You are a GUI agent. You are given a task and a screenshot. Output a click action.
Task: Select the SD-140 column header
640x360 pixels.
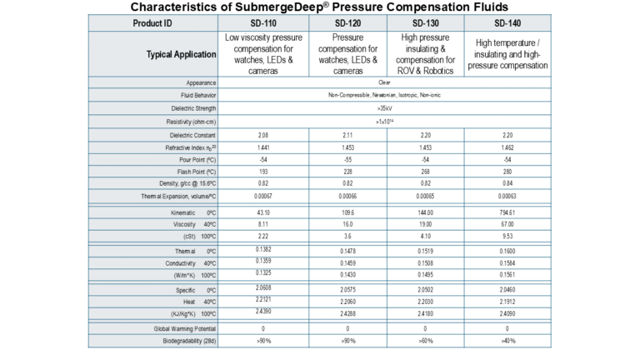click(x=506, y=22)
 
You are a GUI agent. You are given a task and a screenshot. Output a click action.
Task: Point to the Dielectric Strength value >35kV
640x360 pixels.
click(x=384, y=108)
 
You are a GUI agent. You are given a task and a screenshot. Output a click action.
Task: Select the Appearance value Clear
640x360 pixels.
click(x=384, y=82)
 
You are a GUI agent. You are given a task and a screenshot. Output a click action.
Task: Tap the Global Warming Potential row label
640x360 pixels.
click(x=182, y=328)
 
